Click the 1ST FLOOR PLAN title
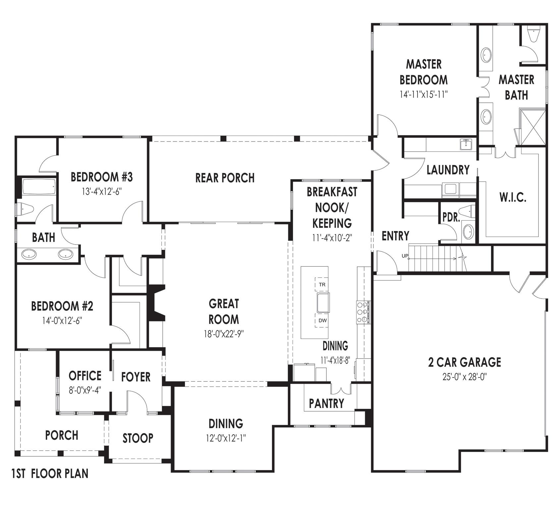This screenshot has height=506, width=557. pyautogui.click(x=50, y=474)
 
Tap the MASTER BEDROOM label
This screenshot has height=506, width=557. pyautogui.click(x=423, y=72)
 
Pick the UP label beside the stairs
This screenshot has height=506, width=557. pyautogui.click(x=405, y=256)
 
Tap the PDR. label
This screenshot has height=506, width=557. pyautogui.click(x=451, y=217)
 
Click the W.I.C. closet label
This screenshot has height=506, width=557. pyautogui.click(x=513, y=197)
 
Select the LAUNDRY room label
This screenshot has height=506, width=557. pyautogui.click(x=448, y=170)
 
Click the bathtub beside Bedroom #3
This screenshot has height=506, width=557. pyautogui.click(x=38, y=188)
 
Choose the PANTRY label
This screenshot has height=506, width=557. pyautogui.click(x=326, y=403)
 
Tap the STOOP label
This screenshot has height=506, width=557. pyautogui.click(x=138, y=438)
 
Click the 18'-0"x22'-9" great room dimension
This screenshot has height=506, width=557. pyautogui.click(x=224, y=334)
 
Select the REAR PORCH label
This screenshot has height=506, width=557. pyautogui.click(x=225, y=178)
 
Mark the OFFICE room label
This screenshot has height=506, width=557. pyautogui.click(x=85, y=376)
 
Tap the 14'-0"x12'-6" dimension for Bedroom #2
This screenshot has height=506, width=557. pyautogui.click(x=62, y=321)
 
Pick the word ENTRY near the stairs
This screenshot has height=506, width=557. pyautogui.click(x=395, y=236)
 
